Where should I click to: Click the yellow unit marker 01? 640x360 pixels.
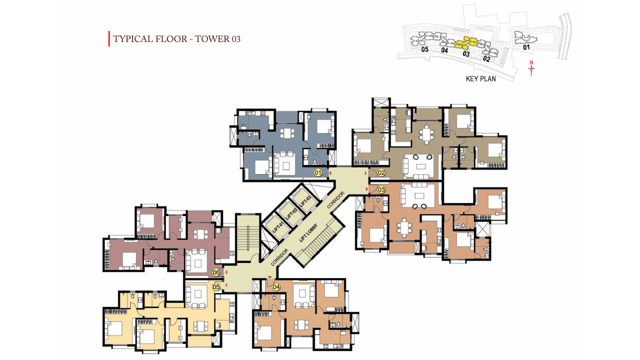317,172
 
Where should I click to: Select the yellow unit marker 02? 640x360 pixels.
381,172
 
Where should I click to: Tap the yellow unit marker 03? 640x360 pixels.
381,189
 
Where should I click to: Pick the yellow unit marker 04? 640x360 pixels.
276,287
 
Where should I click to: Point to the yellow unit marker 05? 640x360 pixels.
216,287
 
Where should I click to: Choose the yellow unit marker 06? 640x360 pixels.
216,272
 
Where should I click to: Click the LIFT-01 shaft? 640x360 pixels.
276,226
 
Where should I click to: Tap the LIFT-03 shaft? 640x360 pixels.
305,201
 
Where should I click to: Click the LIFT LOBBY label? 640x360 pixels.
308,233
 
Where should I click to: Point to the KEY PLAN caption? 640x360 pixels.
481,79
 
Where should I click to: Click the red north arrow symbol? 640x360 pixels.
531,68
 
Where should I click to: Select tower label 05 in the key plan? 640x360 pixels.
425,49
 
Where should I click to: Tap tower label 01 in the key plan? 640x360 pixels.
526,47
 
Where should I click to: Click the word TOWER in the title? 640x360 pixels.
209,39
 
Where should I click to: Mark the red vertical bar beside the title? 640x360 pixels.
109,38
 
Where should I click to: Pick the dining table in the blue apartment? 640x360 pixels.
287,133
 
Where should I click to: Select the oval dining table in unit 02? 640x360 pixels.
426,135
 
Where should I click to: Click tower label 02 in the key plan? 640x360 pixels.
486,59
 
